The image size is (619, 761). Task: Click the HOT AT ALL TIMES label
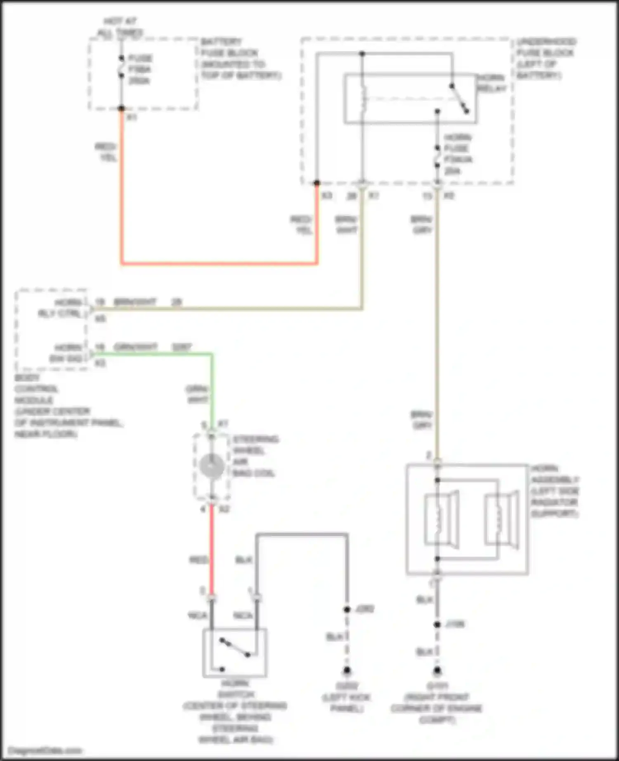tap(120, 27)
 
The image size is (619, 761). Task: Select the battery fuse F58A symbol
tap(121, 67)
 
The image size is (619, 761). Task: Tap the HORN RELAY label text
tap(491, 83)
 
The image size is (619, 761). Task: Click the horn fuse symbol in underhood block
tap(437, 157)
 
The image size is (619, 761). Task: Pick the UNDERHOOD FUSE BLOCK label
tap(546, 58)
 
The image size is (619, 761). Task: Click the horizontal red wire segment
tap(219, 263)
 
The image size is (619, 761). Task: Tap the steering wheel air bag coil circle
tap(211, 466)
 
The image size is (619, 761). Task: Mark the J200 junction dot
tap(347, 609)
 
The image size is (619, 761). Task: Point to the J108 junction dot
tap(437, 625)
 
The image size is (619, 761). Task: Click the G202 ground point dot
tap(347, 670)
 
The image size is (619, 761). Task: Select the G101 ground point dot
tap(437, 670)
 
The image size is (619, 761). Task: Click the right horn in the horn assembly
tap(501, 519)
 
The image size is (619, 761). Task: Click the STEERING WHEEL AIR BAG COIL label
tap(254, 456)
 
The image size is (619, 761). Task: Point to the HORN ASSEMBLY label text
tap(555, 491)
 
